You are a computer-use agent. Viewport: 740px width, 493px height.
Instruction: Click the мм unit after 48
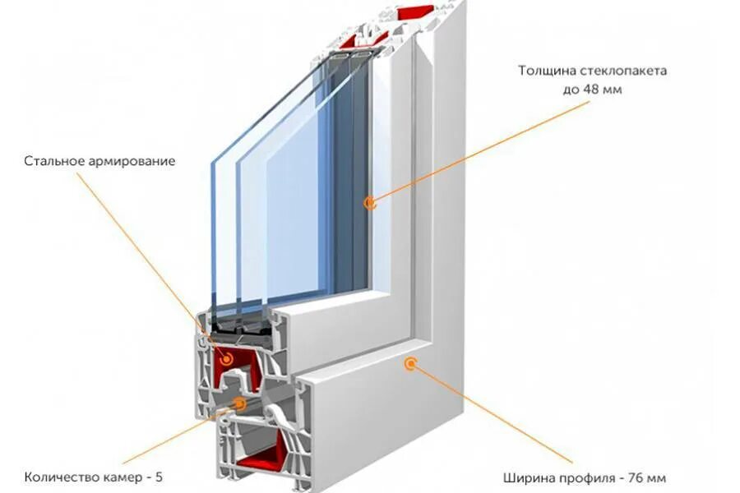(x=612, y=90)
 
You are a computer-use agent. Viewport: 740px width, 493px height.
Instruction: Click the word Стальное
(x=53, y=160)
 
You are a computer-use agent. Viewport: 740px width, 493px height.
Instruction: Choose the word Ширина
(x=525, y=477)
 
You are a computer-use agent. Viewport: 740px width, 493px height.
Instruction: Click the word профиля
(x=585, y=477)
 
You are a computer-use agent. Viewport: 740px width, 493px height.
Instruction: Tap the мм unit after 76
(x=655, y=477)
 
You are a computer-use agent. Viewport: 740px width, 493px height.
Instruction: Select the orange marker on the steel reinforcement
(x=226, y=359)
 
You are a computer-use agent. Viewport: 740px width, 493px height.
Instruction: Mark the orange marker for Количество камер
(x=239, y=403)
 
